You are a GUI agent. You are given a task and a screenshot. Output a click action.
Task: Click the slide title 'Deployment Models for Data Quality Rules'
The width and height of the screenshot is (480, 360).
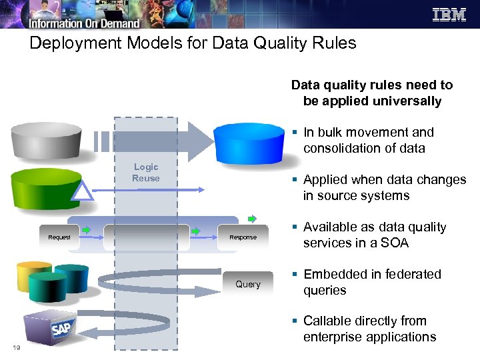(x=193, y=43)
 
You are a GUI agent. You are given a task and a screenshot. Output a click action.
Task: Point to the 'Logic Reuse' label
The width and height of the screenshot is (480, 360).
(x=145, y=173)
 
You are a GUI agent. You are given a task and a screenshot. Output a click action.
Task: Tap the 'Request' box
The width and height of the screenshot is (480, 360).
(x=59, y=237)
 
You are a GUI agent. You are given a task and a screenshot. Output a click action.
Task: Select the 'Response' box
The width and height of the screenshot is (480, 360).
(x=243, y=237)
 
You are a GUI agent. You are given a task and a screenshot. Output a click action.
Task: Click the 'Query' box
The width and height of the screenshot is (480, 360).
(x=247, y=284)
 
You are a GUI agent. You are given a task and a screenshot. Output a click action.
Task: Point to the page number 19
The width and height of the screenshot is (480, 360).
(x=16, y=347)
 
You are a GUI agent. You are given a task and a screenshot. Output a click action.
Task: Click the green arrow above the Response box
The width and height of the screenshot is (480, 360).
(x=251, y=218)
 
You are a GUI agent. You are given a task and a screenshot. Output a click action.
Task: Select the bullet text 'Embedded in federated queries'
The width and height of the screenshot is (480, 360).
(x=371, y=282)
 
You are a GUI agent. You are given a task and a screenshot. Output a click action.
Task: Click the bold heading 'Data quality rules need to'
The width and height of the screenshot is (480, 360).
(x=371, y=85)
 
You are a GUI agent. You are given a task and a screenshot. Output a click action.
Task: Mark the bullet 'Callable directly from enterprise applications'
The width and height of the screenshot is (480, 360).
(x=369, y=329)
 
